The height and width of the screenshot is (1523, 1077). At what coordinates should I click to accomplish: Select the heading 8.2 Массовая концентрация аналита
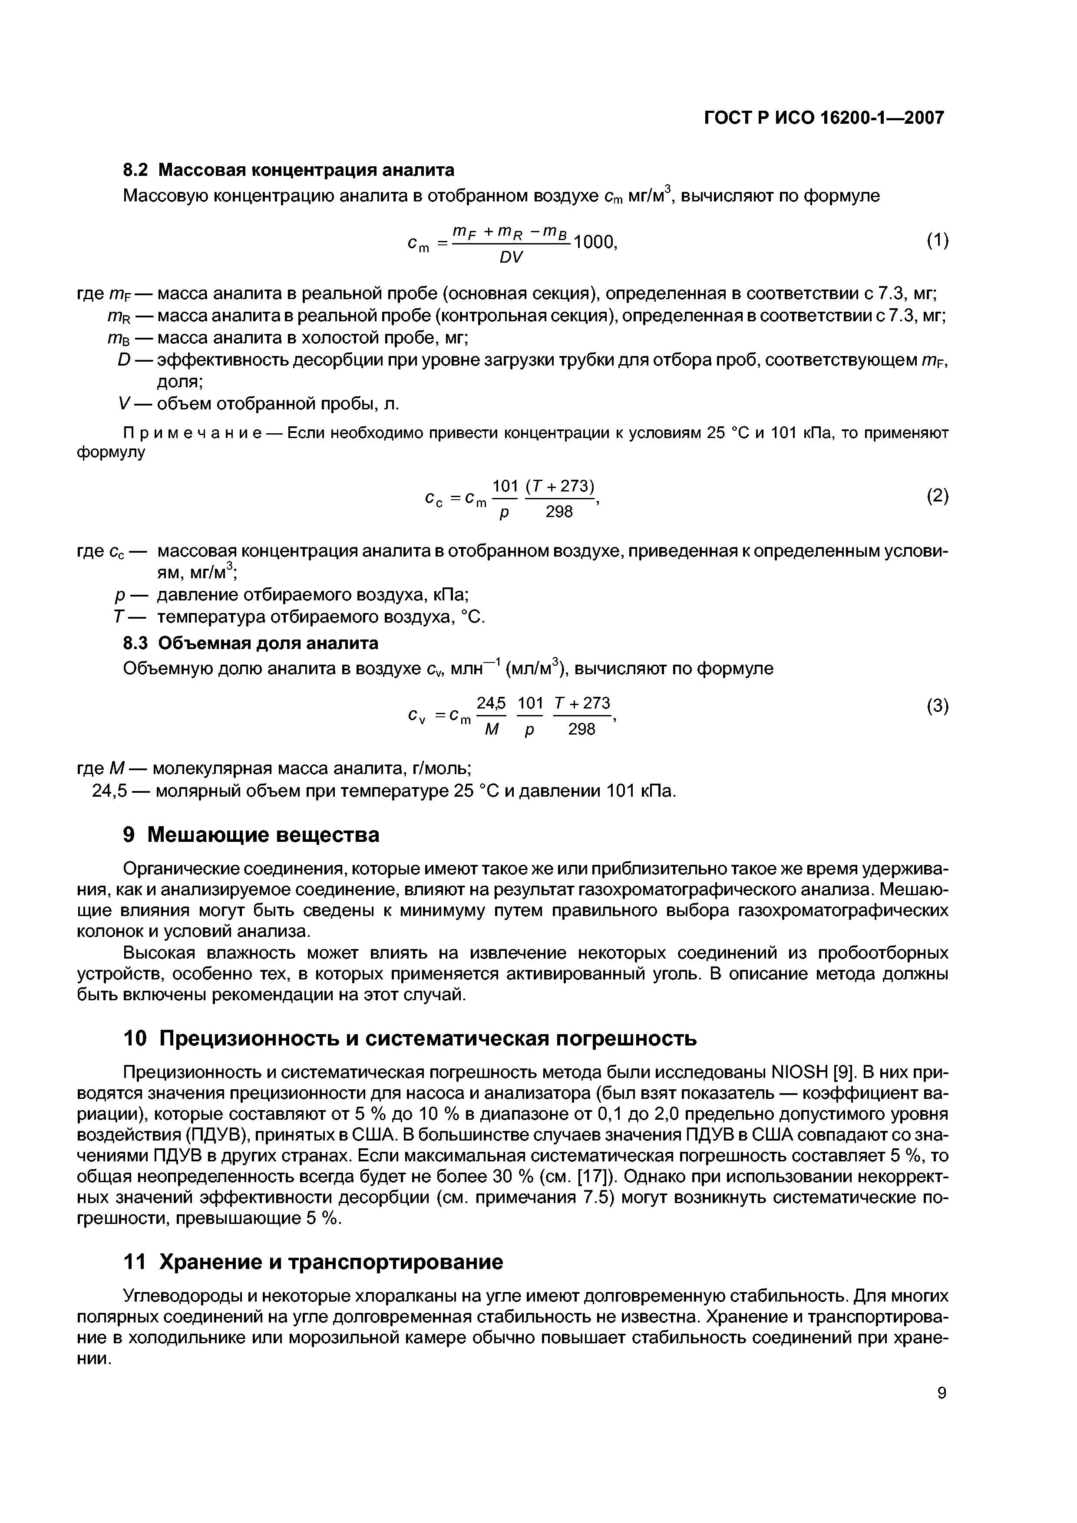point(289,171)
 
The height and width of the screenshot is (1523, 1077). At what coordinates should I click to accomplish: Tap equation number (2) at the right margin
point(937,495)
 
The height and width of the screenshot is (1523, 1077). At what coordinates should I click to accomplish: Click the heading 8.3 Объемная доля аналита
point(251,643)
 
